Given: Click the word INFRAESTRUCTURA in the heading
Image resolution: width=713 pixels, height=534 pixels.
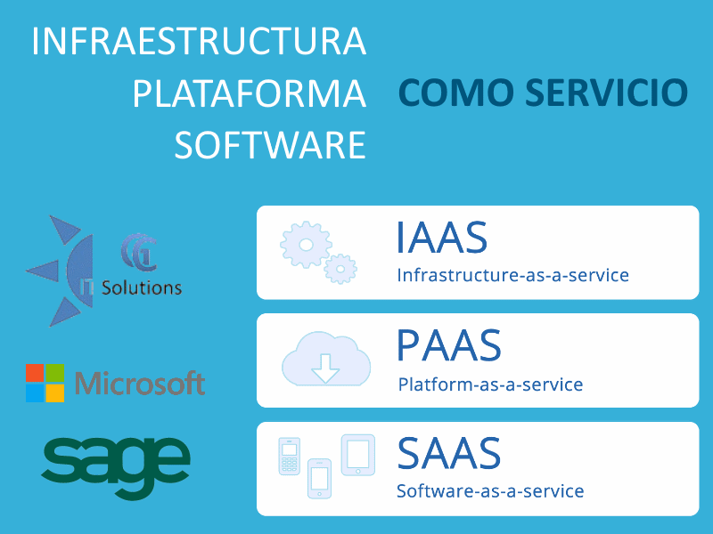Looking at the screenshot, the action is (x=199, y=41).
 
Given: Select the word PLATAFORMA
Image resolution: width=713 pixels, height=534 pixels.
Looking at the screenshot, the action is (x=250, y=93).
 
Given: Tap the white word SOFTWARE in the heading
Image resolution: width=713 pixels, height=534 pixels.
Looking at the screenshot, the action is (x=270, y=145).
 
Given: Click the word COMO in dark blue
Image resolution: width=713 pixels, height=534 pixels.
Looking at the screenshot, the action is (x=456, y=93).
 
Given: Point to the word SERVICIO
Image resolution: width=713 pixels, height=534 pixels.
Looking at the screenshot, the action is (x=607, y=93).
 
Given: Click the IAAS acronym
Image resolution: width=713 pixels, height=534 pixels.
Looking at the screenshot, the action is (x=441, y=237).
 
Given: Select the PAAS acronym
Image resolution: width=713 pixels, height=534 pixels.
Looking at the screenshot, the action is (x=449, y=345).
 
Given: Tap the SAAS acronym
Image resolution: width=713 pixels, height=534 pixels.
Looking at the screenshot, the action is (x=449, y=453).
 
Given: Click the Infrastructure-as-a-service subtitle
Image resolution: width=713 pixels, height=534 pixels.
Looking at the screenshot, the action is (x=513, y=275).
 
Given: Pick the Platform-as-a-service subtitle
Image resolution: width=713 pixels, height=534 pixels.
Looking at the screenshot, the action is (x=490, y=384).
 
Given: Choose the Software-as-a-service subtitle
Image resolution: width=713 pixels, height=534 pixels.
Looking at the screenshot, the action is (x=490, y=491).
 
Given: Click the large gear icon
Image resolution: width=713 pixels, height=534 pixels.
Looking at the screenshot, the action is (x=306, y=245).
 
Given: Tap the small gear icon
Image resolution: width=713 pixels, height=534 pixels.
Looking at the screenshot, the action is (x=340, y=269).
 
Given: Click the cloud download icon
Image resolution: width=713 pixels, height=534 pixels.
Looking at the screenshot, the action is (x=326, y=359).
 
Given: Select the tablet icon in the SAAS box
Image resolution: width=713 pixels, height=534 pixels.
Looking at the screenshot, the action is (x=358, y=455).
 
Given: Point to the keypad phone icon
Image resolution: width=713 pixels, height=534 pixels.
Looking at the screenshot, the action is (x=289, y=456).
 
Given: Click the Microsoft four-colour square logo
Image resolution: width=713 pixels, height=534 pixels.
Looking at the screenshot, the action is (x=45, y=383).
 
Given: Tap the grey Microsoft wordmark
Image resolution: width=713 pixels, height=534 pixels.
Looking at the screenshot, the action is (x=140, y=383).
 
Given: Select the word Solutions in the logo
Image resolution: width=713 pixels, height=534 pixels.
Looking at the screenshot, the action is (x=142, y=287).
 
